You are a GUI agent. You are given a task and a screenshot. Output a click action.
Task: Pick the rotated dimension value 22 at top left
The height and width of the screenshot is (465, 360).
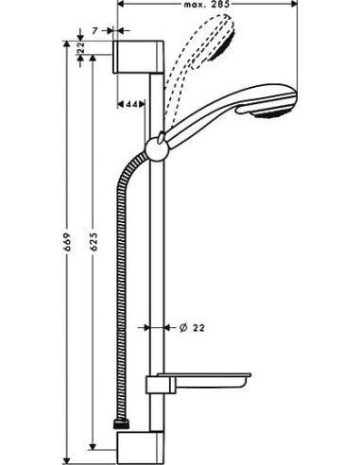click(x=82, y=46)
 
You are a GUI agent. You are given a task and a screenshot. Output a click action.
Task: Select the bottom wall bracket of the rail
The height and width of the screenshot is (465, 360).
click(x=142, y=449)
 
